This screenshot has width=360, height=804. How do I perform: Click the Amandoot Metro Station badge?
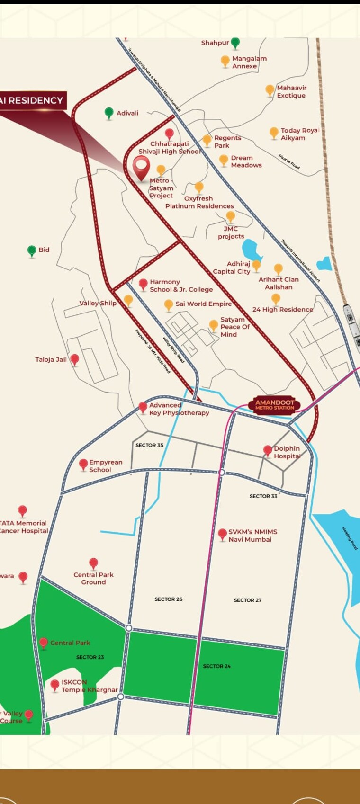point(274,404)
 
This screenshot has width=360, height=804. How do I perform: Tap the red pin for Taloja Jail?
point(74,359)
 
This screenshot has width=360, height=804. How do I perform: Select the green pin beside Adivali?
point(109,113)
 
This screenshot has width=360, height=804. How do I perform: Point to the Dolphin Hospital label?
point(287,452)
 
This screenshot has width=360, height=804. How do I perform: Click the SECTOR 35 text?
point(149,445)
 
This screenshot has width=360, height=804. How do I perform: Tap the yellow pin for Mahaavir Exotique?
point(270,90)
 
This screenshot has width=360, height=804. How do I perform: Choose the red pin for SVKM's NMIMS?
point(222,534)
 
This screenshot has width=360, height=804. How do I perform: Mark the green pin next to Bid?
point(32,250)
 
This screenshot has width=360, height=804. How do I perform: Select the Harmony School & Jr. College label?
point(181,286)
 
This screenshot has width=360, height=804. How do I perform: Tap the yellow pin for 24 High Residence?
point(276,298)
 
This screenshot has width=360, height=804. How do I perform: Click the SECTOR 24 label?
point(216,666)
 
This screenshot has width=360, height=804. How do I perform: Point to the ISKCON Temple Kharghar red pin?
point(55,685)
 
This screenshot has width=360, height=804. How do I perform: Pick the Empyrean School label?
point(105,466)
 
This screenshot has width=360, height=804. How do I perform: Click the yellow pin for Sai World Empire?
point(168,304)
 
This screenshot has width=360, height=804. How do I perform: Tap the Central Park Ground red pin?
point(94,563)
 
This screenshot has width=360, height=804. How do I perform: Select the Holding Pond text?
point(350,538)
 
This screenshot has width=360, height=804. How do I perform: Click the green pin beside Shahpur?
point(235,43)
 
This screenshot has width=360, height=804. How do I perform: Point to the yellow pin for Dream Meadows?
point(224,160)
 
